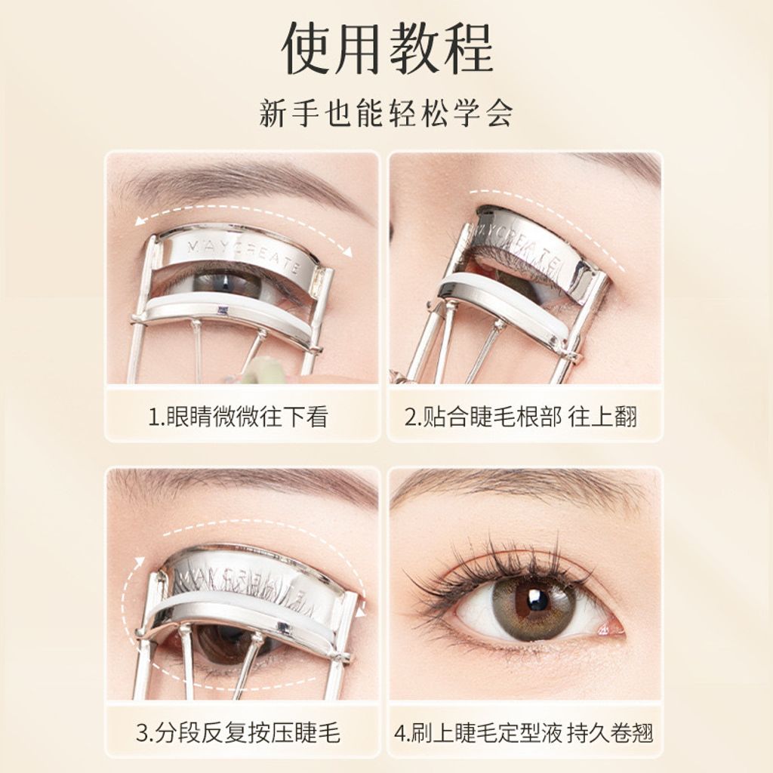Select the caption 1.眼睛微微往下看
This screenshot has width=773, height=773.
click(238, 417)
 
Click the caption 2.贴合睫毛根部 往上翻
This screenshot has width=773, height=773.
click(521, 417)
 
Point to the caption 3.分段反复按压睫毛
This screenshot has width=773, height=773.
click(238, 732)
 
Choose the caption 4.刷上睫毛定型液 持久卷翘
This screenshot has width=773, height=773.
click(524, 732)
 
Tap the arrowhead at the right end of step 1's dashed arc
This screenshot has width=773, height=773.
click(348, 252)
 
